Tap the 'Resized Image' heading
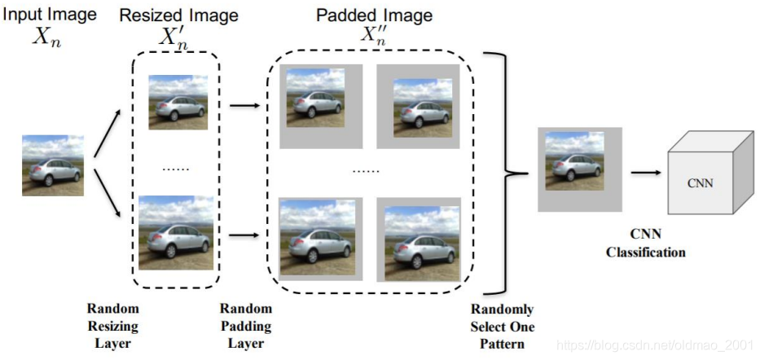pyautogui.click(x=179, y=15)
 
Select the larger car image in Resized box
pyautogui.click(x=176, y=232)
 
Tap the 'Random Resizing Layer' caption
pyautogui.click(x=113, y=326)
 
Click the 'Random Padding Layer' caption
pyautogui.click(x=245, y=326)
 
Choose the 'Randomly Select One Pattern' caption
pyautogui.click(x=502, y=326)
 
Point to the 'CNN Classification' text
pyautogui.click(x=645, y=244)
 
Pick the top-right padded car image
pyautogui.click(x=418, y=106)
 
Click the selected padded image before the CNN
pyautogui.click(x=579, y=169)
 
